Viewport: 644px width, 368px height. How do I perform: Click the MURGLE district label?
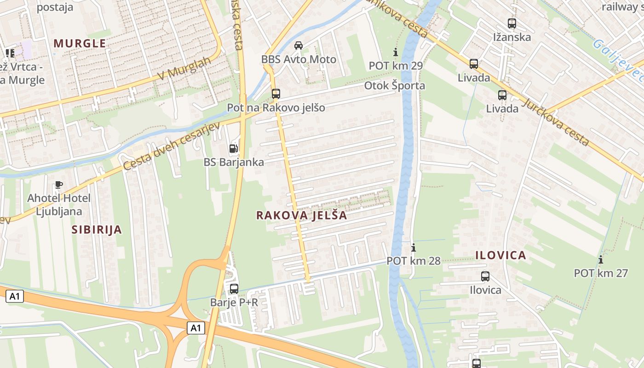[x=80, y=43]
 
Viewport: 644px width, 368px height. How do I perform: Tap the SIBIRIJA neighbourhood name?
[x=97, y=230]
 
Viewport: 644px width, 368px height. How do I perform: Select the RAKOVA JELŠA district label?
[x=301, y=215]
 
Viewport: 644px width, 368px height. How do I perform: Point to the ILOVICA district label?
[x=500, y=255]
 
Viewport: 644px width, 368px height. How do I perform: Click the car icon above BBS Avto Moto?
[x=299, y=45]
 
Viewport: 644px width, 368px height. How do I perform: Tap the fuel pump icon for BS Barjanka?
[x=234, y=148]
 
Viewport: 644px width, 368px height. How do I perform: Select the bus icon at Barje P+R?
[x=234, y=288]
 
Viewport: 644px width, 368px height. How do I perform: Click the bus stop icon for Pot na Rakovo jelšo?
[x=276, y=94]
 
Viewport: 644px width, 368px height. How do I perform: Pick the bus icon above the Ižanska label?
[x=512, y=23]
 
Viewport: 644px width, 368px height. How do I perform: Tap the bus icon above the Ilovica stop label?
[x=485, y=276]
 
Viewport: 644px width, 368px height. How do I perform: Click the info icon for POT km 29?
[x=395, y=52]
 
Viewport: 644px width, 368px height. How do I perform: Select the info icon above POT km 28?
[x=413, y=247]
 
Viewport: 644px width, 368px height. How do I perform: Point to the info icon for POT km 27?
[x=600, y=259]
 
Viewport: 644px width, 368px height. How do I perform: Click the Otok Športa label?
[x=395, y=86]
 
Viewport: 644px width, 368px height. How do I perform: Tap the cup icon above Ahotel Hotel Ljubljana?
[x=58, y=184]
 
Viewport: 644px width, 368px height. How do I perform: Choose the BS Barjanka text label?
[x=234, y=162]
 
